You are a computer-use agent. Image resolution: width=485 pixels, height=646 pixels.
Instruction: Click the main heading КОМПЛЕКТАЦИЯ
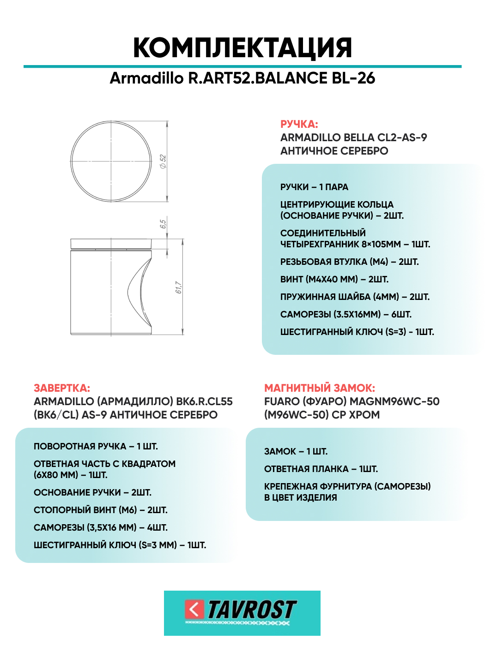(x=242, y=48)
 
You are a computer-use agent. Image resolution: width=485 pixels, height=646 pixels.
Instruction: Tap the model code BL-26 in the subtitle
(x=353, y=78)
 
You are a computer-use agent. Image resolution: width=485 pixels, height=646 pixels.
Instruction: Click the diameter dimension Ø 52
(x=163, y=161)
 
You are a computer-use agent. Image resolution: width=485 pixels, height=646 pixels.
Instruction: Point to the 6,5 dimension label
(x=163, y=224)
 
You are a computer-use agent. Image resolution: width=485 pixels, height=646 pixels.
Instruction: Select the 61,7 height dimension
(x=178, y=287)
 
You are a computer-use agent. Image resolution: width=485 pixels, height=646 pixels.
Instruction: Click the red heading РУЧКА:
(x=299, y=124)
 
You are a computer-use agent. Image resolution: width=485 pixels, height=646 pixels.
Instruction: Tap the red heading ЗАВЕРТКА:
(x=62, y=388)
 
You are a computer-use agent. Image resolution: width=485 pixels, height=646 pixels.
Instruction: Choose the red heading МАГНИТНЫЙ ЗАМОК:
(x=319, y=388)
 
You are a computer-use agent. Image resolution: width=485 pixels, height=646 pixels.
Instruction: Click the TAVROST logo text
(x=252, y=610)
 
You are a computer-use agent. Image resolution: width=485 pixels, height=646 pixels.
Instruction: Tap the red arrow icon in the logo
(x=194, y=609)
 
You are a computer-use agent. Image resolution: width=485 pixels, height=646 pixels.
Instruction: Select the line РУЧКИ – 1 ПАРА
(x=314, y=187)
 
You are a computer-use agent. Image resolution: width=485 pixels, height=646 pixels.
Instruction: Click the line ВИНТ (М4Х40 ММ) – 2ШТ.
(x=334, y=280)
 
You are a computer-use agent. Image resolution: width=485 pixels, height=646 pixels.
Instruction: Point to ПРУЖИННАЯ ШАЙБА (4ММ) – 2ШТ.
(x=355, y=297)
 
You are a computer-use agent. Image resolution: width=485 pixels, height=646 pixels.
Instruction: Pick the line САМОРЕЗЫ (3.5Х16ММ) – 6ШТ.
(x=346, y=315)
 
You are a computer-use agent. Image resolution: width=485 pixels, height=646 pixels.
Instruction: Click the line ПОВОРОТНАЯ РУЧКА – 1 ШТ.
(x=96, y=447)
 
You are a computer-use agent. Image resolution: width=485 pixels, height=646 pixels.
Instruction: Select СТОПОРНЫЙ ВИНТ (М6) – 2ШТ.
(x=100, y=510)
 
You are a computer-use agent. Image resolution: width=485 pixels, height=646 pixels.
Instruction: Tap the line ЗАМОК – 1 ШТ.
(x=296, y=452)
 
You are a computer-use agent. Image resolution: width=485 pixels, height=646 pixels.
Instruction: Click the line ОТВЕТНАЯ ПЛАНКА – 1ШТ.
(x=321, y=469)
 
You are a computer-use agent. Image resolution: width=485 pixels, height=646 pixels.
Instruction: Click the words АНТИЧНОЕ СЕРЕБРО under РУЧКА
(x=334, y=151)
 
